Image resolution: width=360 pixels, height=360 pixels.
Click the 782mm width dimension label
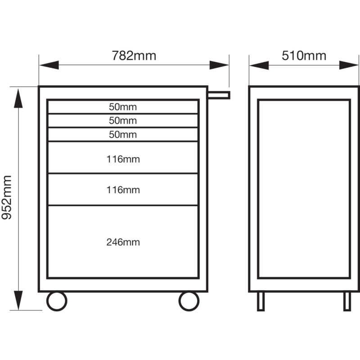pos(134,56)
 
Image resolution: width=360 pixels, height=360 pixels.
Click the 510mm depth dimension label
pos(304,56)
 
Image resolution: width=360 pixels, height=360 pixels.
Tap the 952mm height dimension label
pos(6,198)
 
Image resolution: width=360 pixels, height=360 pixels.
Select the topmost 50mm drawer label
pos(123,107)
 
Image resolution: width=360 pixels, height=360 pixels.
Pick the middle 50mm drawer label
pos(123,121)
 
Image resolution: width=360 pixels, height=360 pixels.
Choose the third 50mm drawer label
pos(123,135)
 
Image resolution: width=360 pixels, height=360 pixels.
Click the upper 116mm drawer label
pos(123,159)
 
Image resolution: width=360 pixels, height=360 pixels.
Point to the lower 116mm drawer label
pos(123,190)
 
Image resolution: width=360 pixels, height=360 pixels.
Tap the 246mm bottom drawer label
pos(123,242)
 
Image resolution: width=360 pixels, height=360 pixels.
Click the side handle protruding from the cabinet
pos(219,95)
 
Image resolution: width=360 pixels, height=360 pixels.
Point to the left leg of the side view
pos(261,301)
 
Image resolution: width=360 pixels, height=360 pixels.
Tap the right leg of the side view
pos(347,301)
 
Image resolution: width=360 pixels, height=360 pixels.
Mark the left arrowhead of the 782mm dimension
pos(49,65)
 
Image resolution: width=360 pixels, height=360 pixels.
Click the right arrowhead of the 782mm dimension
pos(219,65)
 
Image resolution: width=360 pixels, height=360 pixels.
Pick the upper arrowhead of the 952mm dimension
pos(18,98)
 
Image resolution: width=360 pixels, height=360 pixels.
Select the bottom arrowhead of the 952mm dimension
pos(18,300)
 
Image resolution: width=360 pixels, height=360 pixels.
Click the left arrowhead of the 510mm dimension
pos(259,65)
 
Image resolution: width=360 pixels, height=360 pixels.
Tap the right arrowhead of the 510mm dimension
pos(349,65)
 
